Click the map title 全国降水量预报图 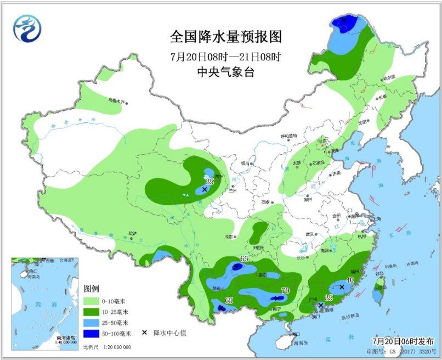pos(225,37)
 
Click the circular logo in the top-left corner pos(27,28)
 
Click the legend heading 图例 pos(92,289)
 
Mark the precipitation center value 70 pos(284,290)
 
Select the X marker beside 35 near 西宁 pos(204,189)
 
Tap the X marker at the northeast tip pos(344,20)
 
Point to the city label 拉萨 pos(132,233)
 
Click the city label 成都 pos(228,236)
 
